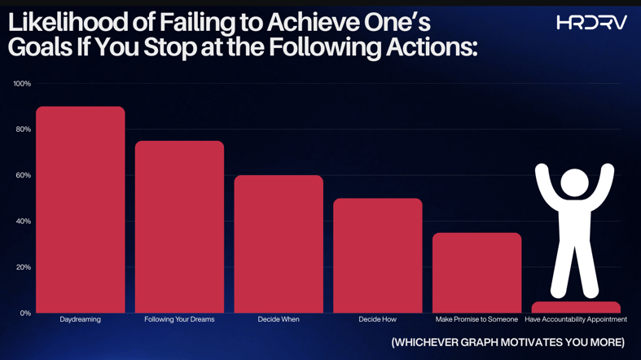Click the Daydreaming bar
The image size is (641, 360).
[x=80, y=209]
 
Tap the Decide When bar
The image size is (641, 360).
[x=279, y=244]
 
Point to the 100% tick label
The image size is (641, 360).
[x=22, y=84]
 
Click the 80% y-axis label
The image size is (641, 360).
[x=23, y=130]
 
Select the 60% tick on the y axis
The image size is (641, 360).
[x=23, y=175]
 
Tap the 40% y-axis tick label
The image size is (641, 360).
[x=23, y=222]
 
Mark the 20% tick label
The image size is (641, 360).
[x=23, y=267]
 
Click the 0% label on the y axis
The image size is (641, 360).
[x=25, y=313]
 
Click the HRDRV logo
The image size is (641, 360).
[x=591, y=23]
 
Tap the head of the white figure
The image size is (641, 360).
[x=574, y=182]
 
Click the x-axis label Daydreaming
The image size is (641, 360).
[x=80, y=319]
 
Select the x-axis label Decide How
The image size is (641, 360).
[x=378, y=319]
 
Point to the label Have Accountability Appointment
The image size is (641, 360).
[x=576, y=319]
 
